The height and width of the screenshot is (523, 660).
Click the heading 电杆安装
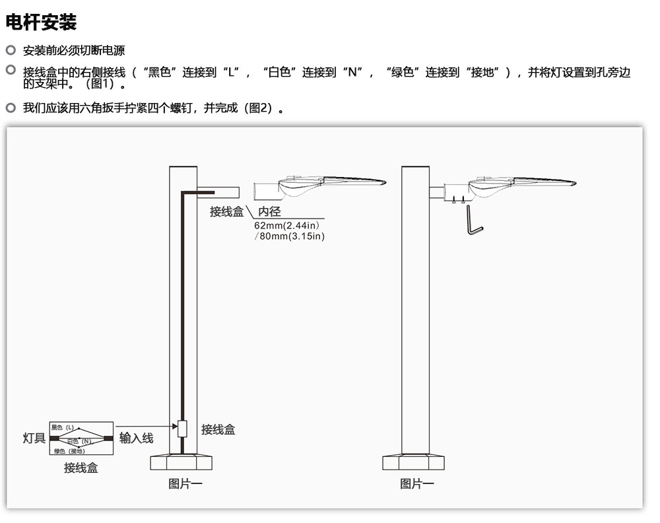(x=41, y=22)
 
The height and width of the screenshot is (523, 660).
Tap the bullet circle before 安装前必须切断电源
(x=11, y=50)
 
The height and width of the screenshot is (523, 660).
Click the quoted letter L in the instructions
(x=232, y=73)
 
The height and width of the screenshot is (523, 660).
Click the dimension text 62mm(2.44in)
(x=286, y=225)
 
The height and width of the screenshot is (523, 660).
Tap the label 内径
(x=269, y=211)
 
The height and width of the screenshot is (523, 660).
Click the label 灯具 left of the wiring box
(x=34, y=438)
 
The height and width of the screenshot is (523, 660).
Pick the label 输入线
(x=136, y=438)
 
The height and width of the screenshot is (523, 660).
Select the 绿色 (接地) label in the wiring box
(x=69, y=451)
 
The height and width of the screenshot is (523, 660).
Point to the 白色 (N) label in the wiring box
(x=79, y=440)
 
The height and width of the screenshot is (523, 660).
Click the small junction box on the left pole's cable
(x=183, y=428)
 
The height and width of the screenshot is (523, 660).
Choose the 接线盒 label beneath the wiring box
(x=81, y=468)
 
